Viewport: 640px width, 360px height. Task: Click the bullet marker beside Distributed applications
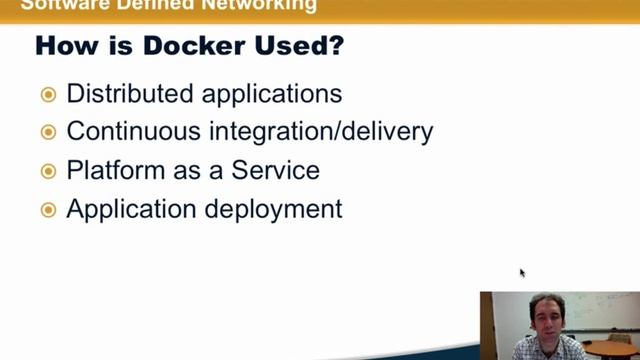pos(48,95)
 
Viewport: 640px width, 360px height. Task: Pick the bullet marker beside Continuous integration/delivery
pos(48,132)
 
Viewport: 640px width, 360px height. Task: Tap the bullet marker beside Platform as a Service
pos(48,171)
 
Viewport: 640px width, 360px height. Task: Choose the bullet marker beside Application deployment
pos(48,209)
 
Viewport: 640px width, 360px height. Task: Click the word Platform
pos(109,171)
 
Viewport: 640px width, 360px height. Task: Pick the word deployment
pos(273,210)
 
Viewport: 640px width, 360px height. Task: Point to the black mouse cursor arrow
pos(522,272)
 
